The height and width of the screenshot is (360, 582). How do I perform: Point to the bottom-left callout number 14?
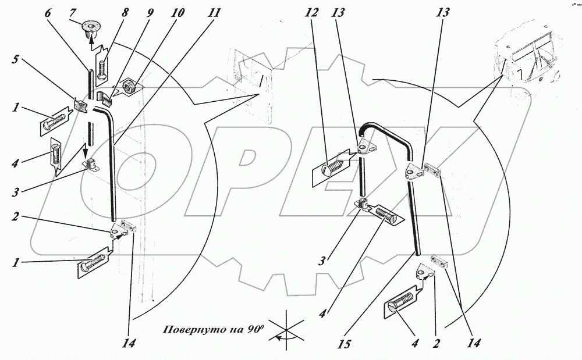coord(131,344)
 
